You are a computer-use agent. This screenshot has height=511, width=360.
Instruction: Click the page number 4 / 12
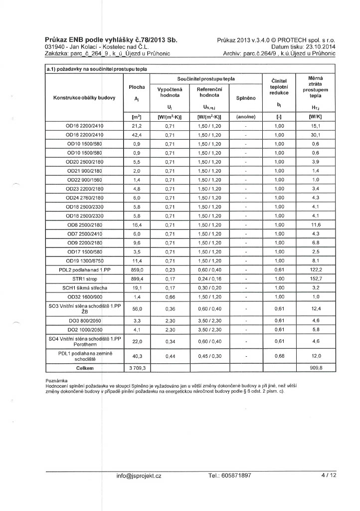pyautogui.click(x=330, y=476)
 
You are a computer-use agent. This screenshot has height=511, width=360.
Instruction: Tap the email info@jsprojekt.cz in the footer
pyautogui.click(x=139, y=476)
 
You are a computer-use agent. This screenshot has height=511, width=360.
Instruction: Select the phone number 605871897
pyautogui.click(x=230, y=476)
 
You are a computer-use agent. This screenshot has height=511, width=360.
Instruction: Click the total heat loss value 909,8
pyautogui.click(x=316, y=368)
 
